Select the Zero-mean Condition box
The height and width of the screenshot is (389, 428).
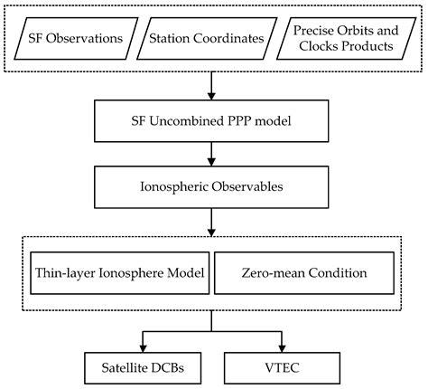pos(307,270)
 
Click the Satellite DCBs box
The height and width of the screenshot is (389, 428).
pos(141,369)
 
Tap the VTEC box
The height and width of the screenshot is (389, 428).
pos(283,369)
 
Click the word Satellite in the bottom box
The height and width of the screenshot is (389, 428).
pos(124,369)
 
